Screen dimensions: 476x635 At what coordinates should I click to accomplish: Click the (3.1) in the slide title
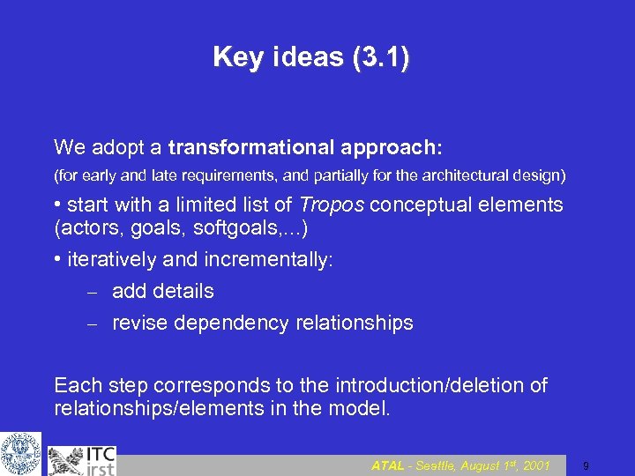380,58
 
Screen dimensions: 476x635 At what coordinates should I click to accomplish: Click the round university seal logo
20,453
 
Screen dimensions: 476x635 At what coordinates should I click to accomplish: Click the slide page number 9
586,465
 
